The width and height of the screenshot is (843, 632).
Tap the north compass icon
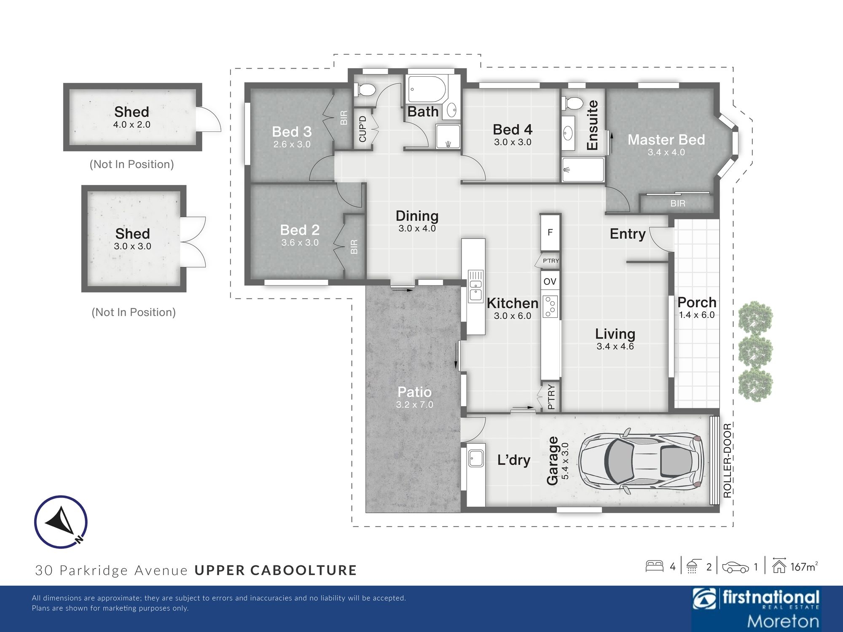61,522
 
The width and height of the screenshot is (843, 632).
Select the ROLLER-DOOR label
727,461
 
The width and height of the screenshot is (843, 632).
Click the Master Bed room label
666,139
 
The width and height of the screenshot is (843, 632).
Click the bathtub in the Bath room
426,90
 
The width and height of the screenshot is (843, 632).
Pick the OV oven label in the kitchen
550,281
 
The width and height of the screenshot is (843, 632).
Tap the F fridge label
550,232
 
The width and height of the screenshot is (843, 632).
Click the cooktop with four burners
550,306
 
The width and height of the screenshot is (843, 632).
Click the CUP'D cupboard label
362,129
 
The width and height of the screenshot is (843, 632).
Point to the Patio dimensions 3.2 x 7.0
414,404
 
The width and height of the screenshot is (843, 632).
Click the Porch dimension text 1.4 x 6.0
697,315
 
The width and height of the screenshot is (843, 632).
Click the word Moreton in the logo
783,621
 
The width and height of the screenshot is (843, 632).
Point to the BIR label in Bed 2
354,246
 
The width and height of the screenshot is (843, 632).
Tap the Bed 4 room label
513,129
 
